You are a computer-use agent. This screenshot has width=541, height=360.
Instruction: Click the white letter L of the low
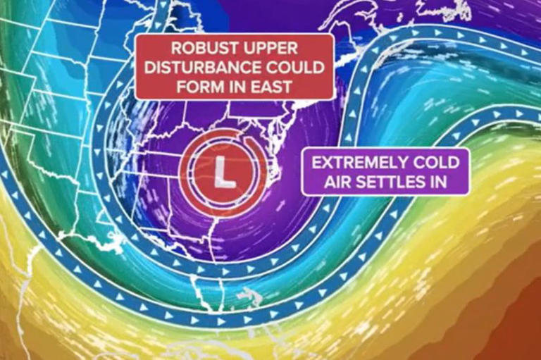224,172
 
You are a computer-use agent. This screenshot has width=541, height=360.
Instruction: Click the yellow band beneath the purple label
423,232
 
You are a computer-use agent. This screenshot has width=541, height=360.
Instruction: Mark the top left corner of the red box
137,35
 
